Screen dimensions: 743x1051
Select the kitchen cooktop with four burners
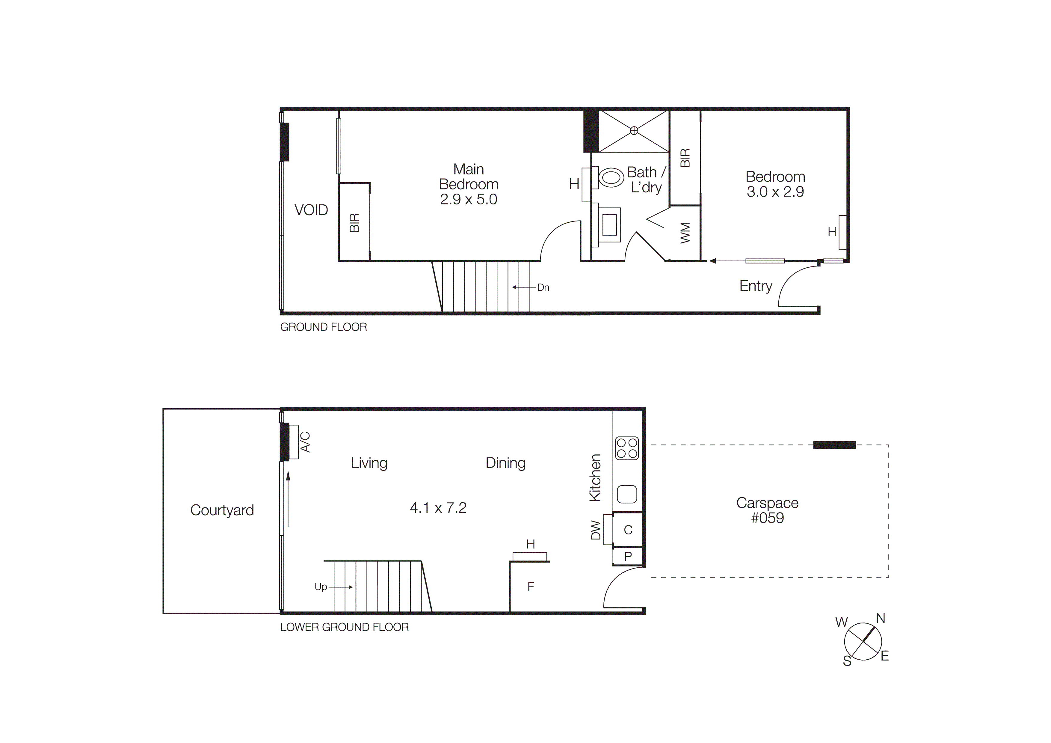point(627,448)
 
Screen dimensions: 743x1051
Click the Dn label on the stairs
point(543,287)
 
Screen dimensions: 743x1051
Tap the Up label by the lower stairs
point(321,587)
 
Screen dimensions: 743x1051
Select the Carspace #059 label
point(767,510)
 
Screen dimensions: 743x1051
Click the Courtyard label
point(222,510)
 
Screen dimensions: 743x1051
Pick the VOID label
point(311,210)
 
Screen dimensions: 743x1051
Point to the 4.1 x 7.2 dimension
point(438,508)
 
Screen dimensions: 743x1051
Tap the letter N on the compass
point(880,619)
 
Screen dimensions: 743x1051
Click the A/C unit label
point(305,442)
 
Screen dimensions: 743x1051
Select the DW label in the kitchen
point(596,530)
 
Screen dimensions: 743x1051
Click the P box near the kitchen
point(628,557)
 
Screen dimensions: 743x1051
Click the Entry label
point(756,286)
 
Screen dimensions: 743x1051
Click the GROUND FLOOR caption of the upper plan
point(324,327)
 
